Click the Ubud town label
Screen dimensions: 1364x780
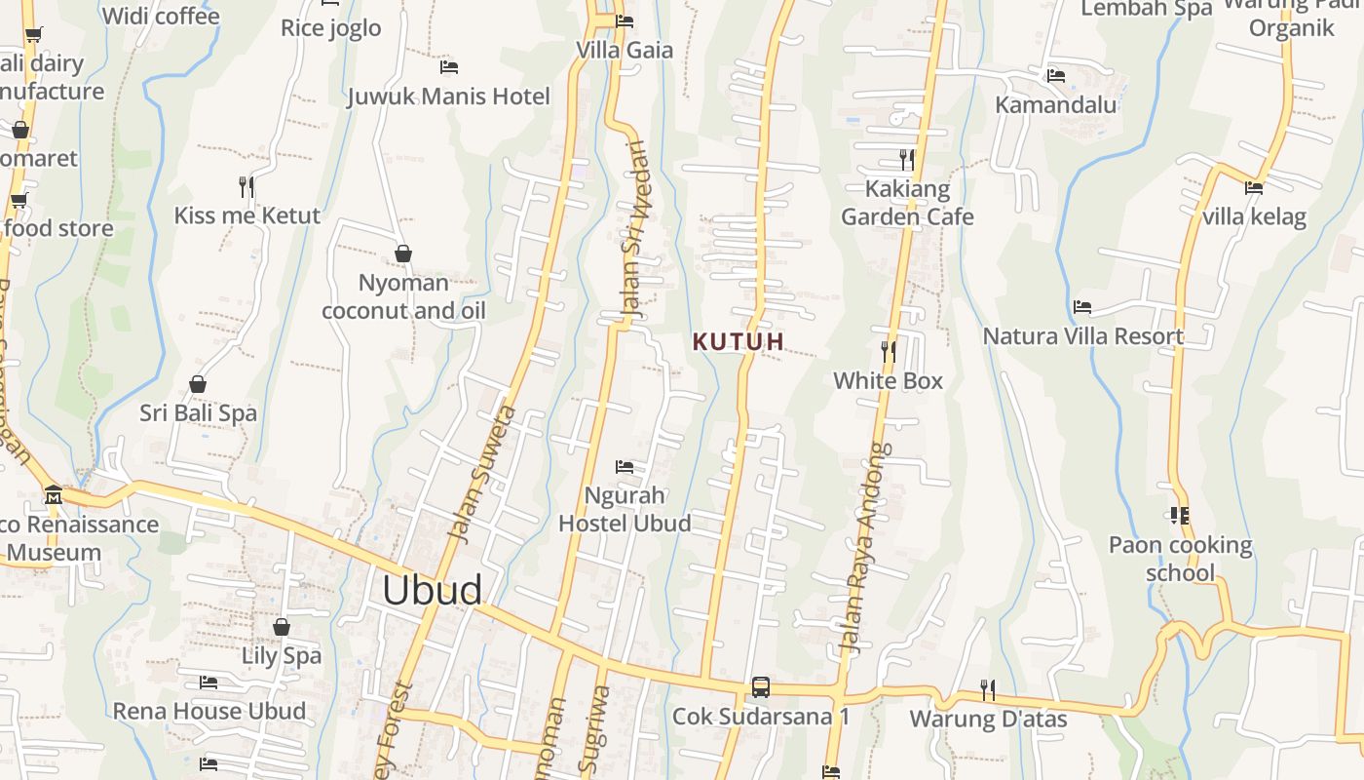(x=432, y=590)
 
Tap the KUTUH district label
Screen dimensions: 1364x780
(x=738, y=341)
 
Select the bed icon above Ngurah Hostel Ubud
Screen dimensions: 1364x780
(x=625, y=467)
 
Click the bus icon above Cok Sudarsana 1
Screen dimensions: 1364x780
(x=761, y=687)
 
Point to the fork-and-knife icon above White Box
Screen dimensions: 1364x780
(x=888, y=351)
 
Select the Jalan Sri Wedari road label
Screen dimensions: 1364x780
(x=633, y=229)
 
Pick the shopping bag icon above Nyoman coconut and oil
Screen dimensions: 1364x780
(x=403, y=254)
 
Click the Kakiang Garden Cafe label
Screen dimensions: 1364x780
(x=907, y=203)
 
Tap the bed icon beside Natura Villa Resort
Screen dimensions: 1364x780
(x=1081, y=307)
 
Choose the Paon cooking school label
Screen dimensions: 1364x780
(x=1180, y=558)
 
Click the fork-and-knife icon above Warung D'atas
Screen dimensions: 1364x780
(x=988, y=690)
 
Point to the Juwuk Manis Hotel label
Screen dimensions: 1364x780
(x=448, y=97)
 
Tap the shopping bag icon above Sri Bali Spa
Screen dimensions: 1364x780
(x=198, y=384)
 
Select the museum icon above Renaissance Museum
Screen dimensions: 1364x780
(x=53, y=495)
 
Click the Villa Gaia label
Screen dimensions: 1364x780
(x=625, y=50)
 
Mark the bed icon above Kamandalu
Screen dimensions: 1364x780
(x=1055, y=76)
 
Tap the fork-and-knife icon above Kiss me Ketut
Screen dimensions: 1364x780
(x=246, y=186)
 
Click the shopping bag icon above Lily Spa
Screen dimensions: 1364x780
(x=282, y=627)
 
